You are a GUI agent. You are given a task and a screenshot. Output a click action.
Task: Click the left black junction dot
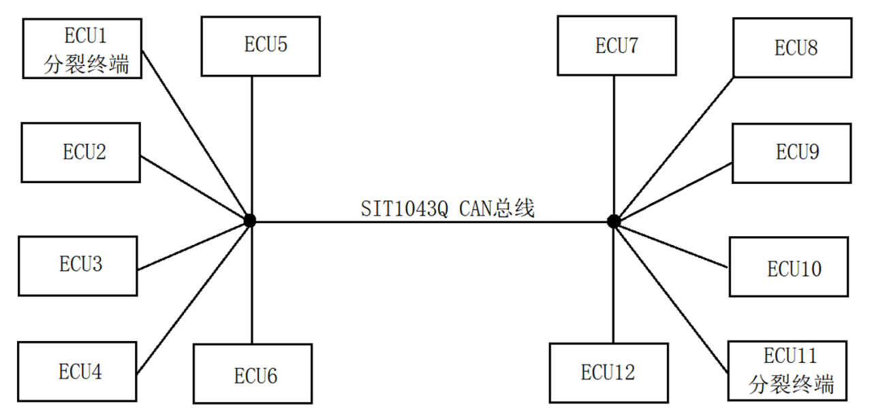point(250,221)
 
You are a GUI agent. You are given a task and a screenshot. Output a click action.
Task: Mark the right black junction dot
point(614,221)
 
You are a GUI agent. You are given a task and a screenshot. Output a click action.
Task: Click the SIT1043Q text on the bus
point(405,209)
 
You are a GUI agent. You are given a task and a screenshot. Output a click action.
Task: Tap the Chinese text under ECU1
point(86,64)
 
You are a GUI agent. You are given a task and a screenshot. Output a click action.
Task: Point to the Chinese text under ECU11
point(792,384)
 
